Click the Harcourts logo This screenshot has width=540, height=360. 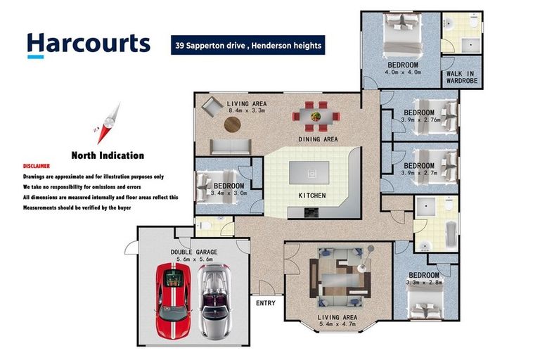click(x=89, y=45)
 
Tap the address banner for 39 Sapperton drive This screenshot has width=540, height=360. click(x=248, y=45)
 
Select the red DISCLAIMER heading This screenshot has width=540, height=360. click(x=37, y=166)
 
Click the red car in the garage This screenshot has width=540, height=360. click(x=173, y=300)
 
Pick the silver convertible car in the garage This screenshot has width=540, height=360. click(x=214, y=302)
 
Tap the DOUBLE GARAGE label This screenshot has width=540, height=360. click(x=194, y=252)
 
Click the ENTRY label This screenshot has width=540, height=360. click(x=266, y=303)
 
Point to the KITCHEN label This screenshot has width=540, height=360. click(x=312, y=195)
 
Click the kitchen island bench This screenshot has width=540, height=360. click(x=309, y=173)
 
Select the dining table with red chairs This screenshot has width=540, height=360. click(x=316, y=117)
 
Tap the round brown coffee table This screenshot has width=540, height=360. click(x=233, y=124)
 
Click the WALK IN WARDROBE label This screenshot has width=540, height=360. click(x=462, y=77)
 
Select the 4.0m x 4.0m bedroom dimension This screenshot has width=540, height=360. click(x=403, y=72)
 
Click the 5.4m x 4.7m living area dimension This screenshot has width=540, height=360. click(x=337, y=324)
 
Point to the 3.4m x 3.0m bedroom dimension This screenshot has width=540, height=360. click(x=229, y=193)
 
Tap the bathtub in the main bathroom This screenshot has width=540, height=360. click(x=451, y=234)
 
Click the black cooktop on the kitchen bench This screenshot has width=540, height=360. click(x=311, y=213)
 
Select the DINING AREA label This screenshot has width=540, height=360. click(x=318, y=139)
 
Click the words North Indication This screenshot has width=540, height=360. click(x=108, y=155)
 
